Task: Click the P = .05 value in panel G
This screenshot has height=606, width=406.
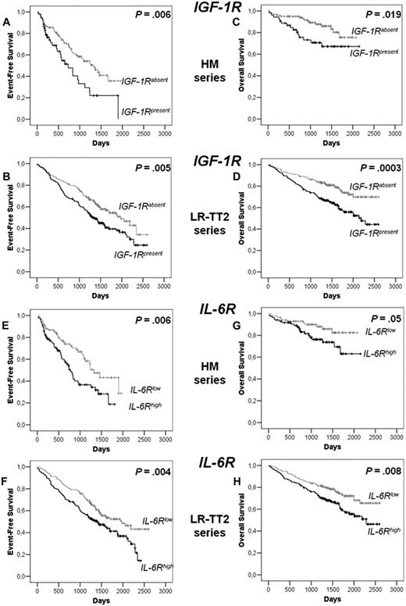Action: click(373, 319)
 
